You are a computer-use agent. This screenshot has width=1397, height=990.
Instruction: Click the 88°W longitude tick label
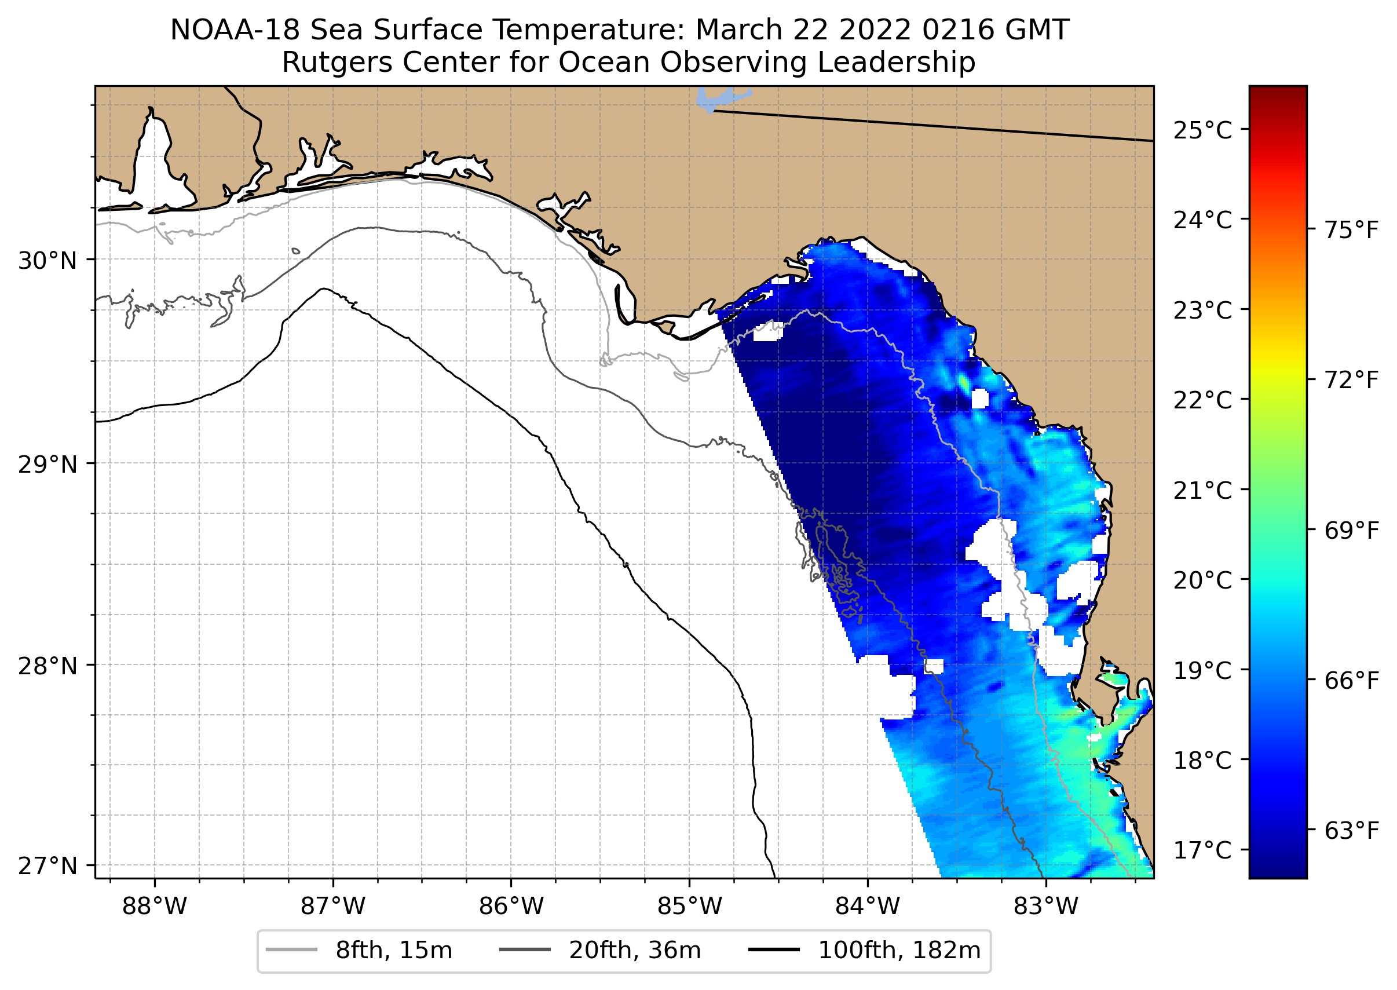coord(154,907)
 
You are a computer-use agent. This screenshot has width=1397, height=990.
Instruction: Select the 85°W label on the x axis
coord(689,907)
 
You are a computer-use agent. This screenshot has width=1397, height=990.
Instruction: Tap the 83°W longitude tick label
coord(1046,907)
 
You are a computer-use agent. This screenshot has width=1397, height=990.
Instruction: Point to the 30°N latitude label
coord(47,261)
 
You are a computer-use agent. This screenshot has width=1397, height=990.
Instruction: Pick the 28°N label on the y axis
coord(47,666)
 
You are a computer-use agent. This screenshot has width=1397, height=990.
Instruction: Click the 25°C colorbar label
coord(1202,130)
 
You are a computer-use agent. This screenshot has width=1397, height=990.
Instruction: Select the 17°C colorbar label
coord(1202,850)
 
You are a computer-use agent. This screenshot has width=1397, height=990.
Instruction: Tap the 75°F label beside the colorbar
coord(1351,231)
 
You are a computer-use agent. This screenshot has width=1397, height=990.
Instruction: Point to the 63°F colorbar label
coord(1351,830)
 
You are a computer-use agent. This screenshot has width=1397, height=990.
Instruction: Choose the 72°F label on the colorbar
coord(1351,381)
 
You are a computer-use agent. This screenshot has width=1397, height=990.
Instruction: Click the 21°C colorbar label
coord(1202,490)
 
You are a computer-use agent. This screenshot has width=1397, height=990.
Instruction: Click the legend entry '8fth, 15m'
coord(393,951)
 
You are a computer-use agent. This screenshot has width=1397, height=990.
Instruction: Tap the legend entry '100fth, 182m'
coord(898,951)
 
